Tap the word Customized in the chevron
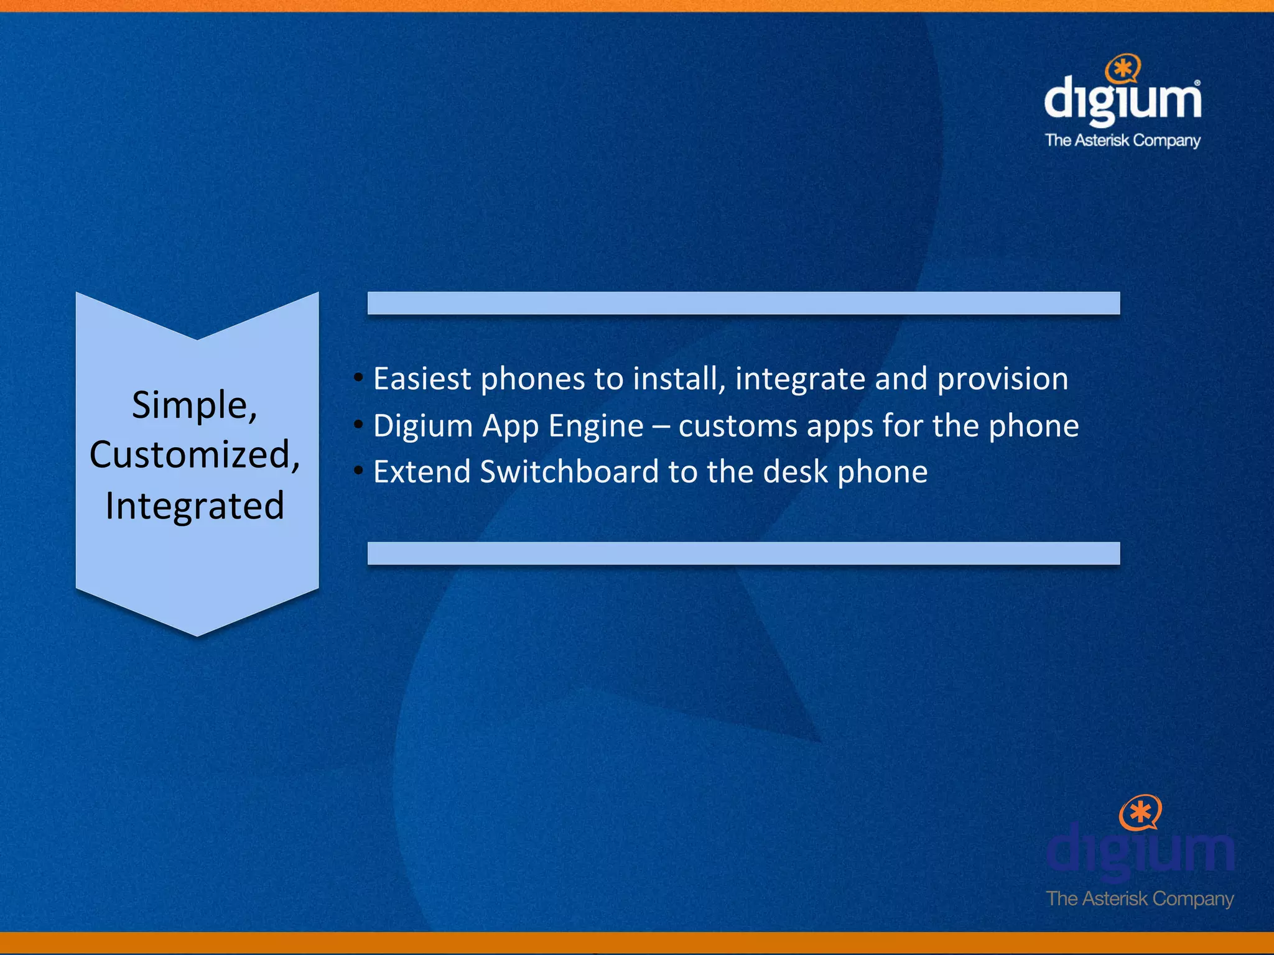(190, 454)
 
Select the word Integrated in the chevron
(195, 505)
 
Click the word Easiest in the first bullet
(422, 379)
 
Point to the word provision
(1002, 380)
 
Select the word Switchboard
(569, 471)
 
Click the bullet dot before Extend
(358, 471)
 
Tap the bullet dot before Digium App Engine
(358, 425)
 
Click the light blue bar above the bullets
(743, 303)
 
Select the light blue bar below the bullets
(743, 553)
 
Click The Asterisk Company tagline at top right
(1122, 141)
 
